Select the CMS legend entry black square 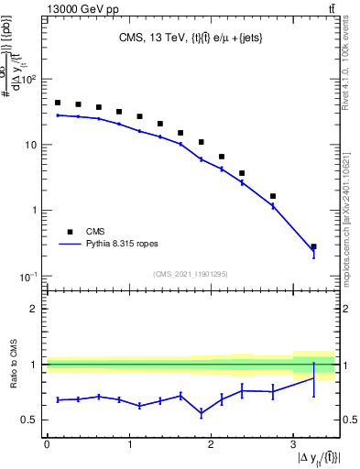68,232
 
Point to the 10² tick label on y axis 27,80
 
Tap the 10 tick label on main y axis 30,145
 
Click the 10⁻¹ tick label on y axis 27,276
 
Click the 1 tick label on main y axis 34,211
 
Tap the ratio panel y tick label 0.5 29,420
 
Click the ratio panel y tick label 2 34,309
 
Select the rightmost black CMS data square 313,246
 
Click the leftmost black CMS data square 58,103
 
